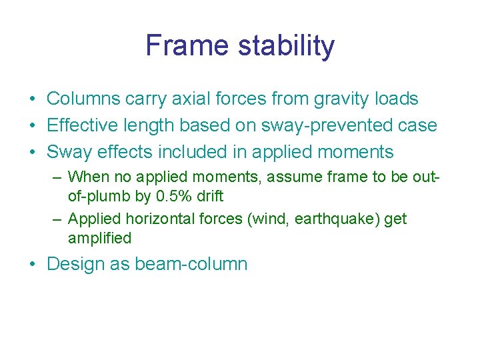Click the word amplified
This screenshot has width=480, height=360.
tap(99, 238)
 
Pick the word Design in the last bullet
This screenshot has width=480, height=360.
tap(73, 264)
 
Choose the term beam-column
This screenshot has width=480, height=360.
tap(191, 264)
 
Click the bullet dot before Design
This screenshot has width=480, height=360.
tap(32, 265)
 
